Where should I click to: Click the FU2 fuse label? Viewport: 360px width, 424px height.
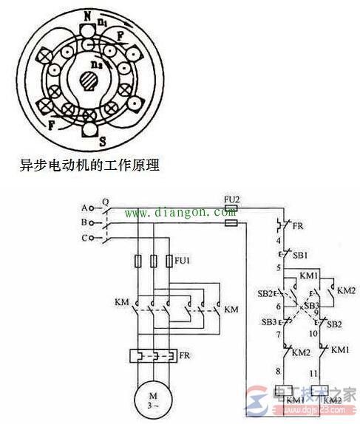coord(230,199)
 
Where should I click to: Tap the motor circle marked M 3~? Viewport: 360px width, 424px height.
coord(153,400)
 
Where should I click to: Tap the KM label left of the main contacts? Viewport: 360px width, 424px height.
coord(122,303)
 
